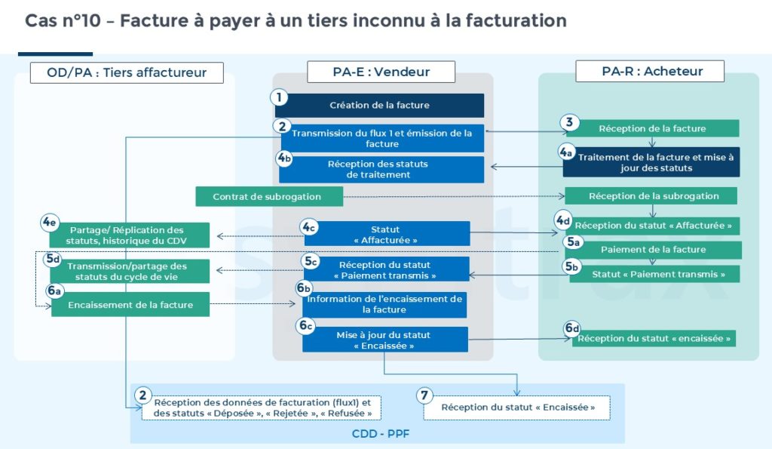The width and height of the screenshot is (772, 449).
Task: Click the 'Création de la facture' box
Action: (x=379, y=106)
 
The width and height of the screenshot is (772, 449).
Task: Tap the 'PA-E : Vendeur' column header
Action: (x=381, y=72)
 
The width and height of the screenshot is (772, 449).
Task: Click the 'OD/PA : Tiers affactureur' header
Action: (x=127, y=72)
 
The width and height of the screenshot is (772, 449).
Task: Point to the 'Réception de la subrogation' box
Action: (x=654, y=196)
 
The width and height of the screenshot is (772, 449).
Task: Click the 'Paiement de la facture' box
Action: (x=653, y=250)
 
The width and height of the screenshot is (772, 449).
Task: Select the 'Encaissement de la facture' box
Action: (x=130, y=305)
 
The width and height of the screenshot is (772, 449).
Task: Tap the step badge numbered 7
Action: (x=426, y=395)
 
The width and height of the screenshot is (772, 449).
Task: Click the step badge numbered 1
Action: (x=280, y=97)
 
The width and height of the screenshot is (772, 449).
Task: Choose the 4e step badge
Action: (x=51, y=223)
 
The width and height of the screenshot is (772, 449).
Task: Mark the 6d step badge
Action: (x=572, y=328)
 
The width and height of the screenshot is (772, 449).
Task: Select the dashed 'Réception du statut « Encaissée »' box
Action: (x=517, y=407)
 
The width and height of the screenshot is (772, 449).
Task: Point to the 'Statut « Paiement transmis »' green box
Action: (x=654, y=274)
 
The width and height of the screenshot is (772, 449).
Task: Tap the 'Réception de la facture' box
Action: (x=652, y=128)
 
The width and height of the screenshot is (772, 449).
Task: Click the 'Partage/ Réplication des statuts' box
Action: (x=126, y=235)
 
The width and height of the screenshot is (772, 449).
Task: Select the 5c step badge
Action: (x=311, y=261)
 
